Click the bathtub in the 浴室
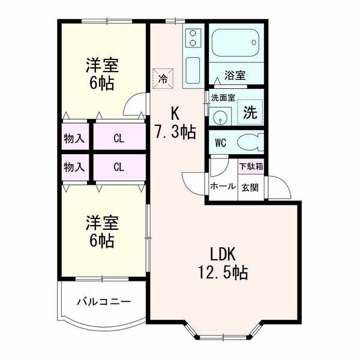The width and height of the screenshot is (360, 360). [x=235, y=43]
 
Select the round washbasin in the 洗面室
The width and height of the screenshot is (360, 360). [x=220, y=118]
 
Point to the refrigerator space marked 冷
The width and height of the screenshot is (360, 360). [x=163, y=78]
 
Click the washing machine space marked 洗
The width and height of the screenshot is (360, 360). [x=250, y=112]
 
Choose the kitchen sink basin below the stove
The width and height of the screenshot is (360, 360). [x=193, y=70]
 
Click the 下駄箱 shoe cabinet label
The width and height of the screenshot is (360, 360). [x=251, y=166]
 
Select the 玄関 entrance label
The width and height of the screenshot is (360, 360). [x=250, y=188]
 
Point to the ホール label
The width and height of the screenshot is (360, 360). [x=223, y=186]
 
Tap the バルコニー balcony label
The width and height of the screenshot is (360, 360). [x=104, y=301]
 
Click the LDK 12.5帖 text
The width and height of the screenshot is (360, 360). [x=223, y=263]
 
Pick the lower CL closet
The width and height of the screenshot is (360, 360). [x=119, y=167]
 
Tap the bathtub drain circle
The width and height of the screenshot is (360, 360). [x=254, y=43]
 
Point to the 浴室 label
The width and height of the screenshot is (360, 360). [x=235, y=76]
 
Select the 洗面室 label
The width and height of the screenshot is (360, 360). [x=223, y=98]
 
